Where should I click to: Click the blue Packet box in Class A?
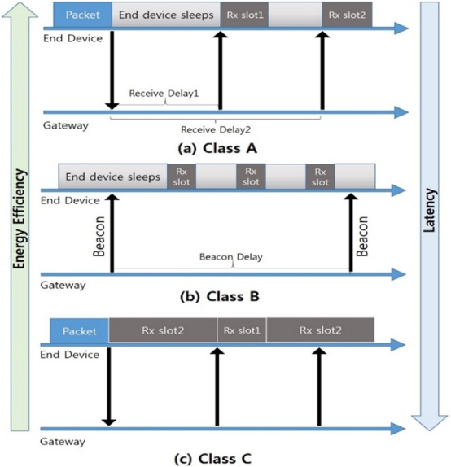point(82,15)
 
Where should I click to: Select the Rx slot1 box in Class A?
point(244,15)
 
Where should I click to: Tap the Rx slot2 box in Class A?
point(347,15)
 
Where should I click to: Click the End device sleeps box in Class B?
point(112,177)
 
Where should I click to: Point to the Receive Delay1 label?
point(164,94)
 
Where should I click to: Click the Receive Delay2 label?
point(216,129)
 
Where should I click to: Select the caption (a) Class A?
point(217,148)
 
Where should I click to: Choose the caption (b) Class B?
point(220,296)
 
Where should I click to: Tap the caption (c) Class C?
point(212,458)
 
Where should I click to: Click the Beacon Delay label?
point(231,257)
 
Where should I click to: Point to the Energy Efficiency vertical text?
point(20,219)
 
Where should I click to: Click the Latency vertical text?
point(430,210)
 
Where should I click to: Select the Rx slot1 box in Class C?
point(242,330)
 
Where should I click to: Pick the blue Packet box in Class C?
point(79,331)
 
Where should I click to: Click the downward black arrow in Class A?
point(112,70)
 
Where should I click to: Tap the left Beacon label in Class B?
point(99,237)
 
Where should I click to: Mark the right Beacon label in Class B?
point(362,237)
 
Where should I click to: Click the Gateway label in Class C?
point(63,441)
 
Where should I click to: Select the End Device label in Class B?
point(70,200)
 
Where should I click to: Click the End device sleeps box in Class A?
point(166,15)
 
